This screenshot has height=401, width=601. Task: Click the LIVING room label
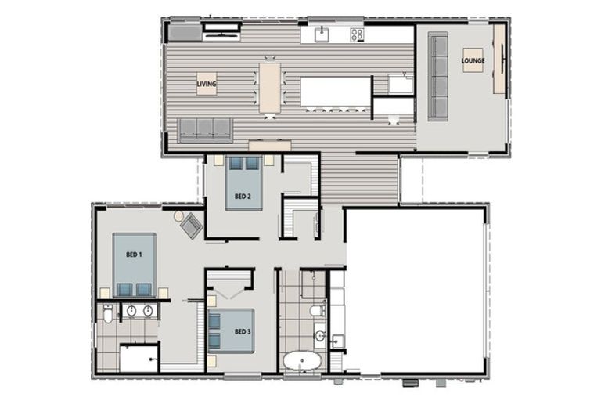tap(207, 84)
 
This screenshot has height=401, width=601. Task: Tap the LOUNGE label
tap(473, 60)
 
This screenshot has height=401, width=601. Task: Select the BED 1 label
tap(134, 255)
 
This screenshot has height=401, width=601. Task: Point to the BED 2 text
tap(243, 197)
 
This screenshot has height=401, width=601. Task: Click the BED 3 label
tap(243, 331)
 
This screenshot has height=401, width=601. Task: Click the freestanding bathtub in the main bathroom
tap(302, 361)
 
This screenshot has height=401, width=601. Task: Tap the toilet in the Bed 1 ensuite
tap(108, 314)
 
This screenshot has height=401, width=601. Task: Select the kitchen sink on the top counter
tap(322, 34)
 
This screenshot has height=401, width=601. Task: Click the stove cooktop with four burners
tap(357, 35)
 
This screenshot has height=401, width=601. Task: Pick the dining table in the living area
tap(270, 88)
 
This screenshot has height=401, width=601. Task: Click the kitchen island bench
tap(336, 92)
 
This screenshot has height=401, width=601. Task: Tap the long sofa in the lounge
tap(437, 77)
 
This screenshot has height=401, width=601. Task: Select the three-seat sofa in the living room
tap(205, 130)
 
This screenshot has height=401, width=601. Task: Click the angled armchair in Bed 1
tap(192, 226)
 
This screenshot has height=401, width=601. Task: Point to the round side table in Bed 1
tap(178, 216)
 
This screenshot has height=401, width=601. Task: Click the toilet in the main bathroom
tap(318, 310)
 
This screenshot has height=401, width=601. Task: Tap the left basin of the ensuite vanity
tap(131, 311)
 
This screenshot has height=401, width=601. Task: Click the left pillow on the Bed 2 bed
tap(236, 164)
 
